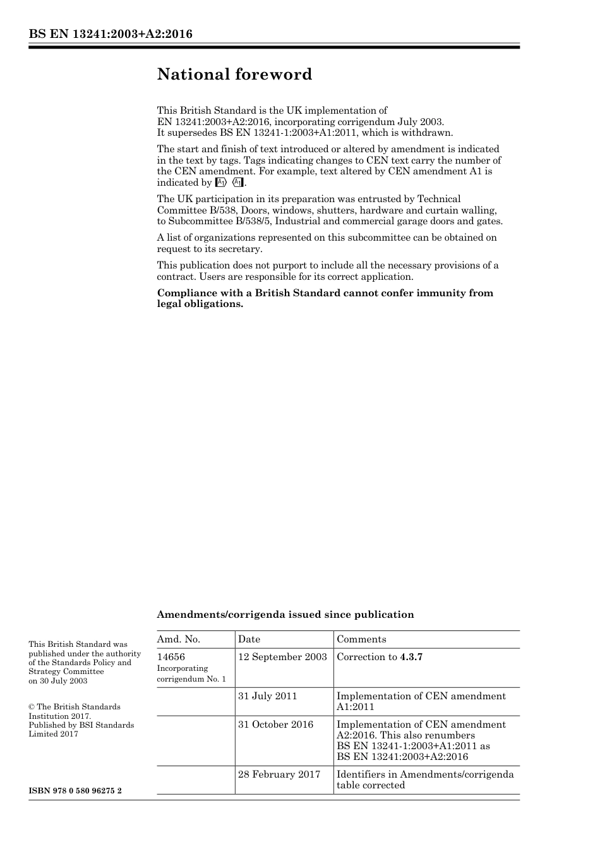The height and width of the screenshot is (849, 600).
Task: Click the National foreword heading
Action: (x=234, y=75)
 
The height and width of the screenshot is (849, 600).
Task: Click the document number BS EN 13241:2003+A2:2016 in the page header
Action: (x=111, y=34)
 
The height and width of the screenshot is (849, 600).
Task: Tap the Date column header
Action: (x=249, y=639)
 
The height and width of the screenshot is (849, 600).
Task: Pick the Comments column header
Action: (x=361, y=639)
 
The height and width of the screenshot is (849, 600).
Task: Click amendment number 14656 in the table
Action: (x=171, y=657)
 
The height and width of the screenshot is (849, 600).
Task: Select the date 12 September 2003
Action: (x=282, y=657)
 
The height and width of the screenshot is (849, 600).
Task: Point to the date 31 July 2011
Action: (x=267, y=696)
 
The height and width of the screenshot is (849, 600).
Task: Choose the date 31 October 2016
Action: (x=275, y=725)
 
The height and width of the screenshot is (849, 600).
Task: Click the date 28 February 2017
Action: (x=279, y=774)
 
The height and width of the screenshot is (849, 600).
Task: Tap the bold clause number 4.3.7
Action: (x=411, y=657)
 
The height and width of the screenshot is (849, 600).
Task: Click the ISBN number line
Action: (x=75, y=791)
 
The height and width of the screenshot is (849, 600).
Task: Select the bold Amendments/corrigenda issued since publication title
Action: (x=285, y=615)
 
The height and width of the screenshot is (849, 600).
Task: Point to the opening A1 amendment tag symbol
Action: (x=220, y=183)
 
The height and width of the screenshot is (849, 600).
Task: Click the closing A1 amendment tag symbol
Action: (x=237, y=183)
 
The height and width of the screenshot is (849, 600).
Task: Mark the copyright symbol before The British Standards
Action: (x=32, y=707)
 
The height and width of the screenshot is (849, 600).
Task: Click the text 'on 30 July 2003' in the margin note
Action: (x=58, y=681)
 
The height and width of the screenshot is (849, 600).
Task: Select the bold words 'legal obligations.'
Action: (x=200, y=304)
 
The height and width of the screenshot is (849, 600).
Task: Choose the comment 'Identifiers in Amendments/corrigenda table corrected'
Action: (x=425, y=780)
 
